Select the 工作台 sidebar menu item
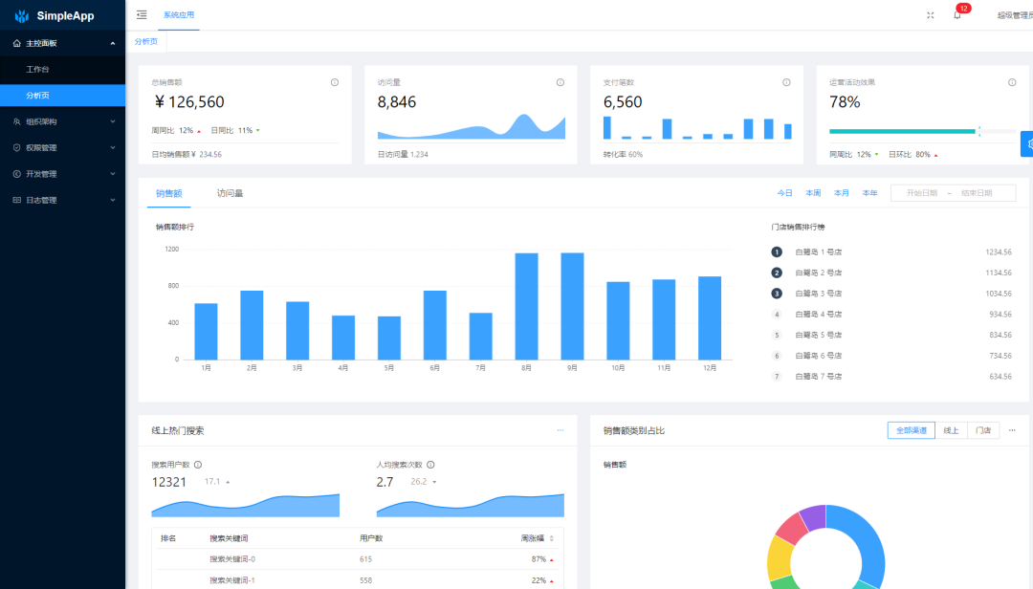(x=38, y=70)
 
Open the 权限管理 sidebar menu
(x=41, y=148)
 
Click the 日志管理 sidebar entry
(x=41, y=200)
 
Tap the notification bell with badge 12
(x=956, y=15)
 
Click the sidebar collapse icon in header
(x=142, y=15)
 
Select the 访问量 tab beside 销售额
(x=230, y=193)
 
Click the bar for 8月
(x=526, y=306)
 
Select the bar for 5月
(x=389, y=338)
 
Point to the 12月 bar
(x=710, y=317)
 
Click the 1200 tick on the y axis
(x=171, y=249)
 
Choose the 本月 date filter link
(x=841, y=193)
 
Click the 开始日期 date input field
(x=921, y=193)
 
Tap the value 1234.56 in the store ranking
(x=999, y=251)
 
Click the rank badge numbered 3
(x=777, y=294)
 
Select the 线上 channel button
(x=951, y=430)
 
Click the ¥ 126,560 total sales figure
(x=189, y=102)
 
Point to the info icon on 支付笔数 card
(x=786, y=82)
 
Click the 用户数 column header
(x=371, y=538)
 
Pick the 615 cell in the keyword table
(x=365, y=558)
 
